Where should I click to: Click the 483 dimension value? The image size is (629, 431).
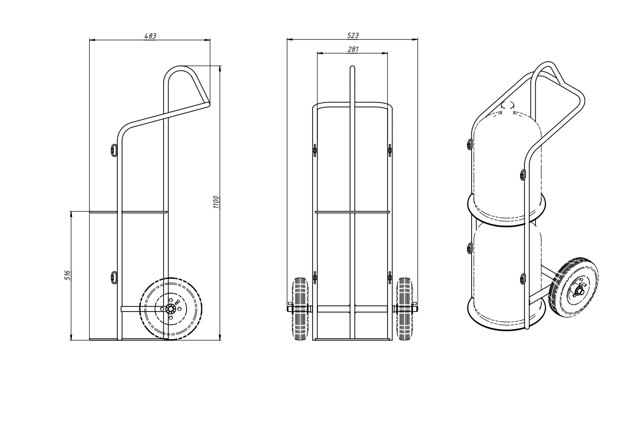[x=150, y=36]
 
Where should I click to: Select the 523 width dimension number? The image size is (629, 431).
[x=353, y=35]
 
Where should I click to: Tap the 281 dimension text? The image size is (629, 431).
[x=353, y=49]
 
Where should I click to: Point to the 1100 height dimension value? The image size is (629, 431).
[x=216, y=202]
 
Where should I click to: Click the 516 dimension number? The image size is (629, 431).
[x=68, y=275]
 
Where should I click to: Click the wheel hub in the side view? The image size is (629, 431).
[x=171, y=308]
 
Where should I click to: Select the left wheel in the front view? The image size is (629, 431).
[x=299, y=308]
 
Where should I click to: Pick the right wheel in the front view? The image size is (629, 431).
[x=405, y=308]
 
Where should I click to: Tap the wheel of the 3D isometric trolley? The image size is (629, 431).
[x=574, y=287]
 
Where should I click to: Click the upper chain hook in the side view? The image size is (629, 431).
[x=114, y=149]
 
